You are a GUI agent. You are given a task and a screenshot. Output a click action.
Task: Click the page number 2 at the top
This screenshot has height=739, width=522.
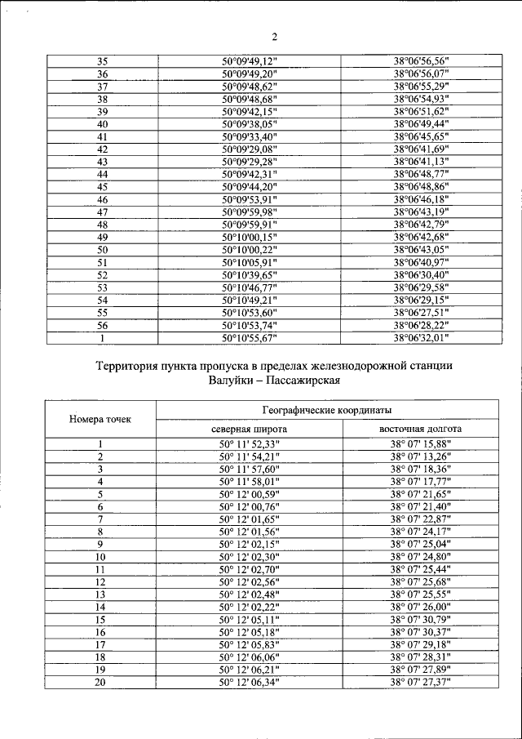click(x=275, y=36)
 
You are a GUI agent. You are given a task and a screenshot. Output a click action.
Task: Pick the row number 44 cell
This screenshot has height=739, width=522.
click(x=103, y=175)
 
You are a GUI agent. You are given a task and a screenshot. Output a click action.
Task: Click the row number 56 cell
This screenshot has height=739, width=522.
click(x=103, y=325)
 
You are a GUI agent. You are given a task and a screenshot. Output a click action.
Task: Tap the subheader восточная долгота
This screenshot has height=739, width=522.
click(x=421, y=429)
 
